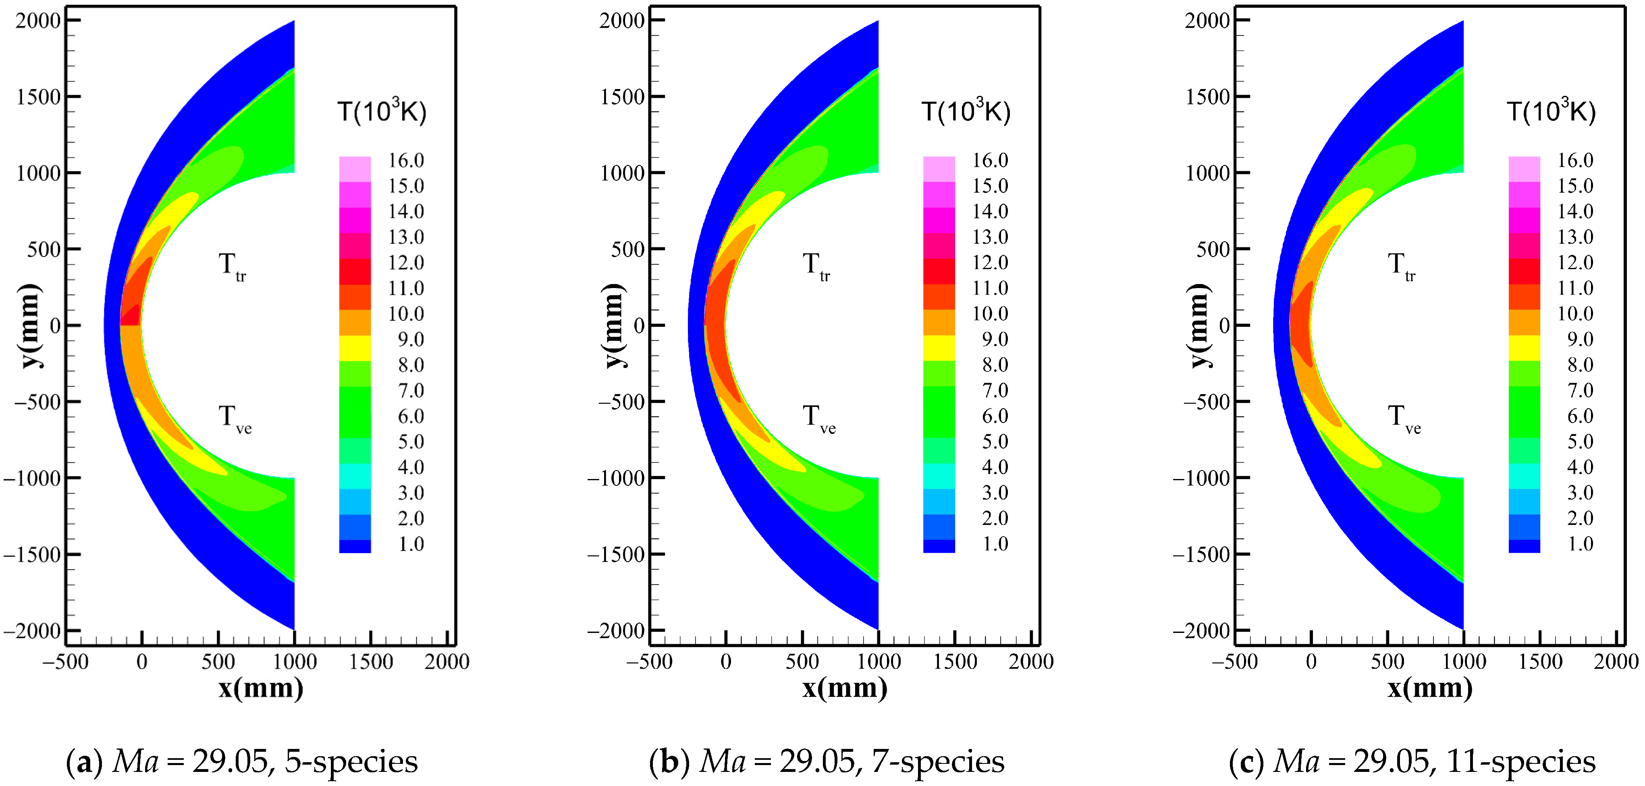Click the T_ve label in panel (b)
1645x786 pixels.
point(818,418)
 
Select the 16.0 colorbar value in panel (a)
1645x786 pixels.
point(406,160)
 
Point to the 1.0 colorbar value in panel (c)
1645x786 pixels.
point(1581,544)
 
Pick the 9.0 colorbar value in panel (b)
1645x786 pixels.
point(995,339)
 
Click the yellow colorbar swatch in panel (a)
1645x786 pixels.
point(355,348)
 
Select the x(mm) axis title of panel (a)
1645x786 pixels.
point(261,689)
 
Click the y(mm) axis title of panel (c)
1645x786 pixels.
point(1200,326)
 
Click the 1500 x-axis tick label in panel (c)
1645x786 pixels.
point(1540,662)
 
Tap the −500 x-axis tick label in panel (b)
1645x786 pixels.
point(650,662)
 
